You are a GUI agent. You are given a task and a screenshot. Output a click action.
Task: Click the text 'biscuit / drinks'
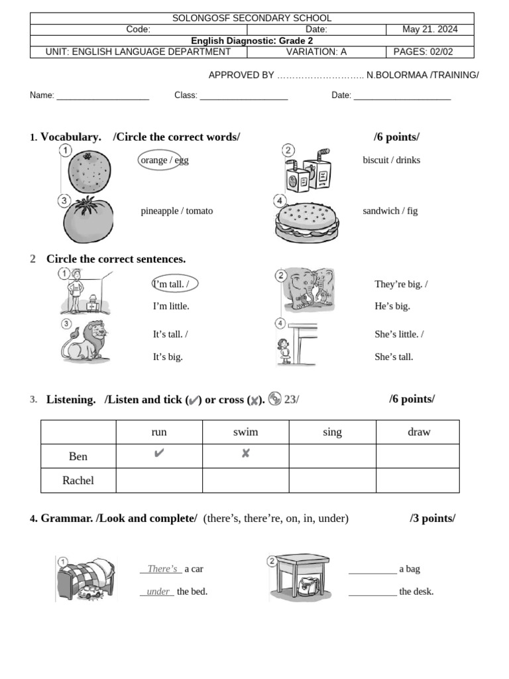[x=391, y=160]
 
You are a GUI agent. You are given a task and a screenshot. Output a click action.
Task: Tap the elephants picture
[x=309, y=288]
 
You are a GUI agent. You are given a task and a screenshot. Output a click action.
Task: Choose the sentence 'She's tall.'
[x=393, y=357]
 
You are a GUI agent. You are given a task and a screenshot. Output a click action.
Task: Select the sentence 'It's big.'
[x=168, y=357]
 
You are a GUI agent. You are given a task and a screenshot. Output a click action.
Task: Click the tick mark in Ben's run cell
[x=159, y=454]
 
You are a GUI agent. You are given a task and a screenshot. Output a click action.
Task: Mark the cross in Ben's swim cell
[x=245, y=454]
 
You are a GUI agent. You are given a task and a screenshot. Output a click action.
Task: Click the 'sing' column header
[x=332, y=432]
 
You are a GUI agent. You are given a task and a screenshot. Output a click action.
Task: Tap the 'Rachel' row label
[x=78, y=481]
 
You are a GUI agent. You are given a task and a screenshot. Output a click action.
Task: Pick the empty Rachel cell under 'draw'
[x=418, y=481]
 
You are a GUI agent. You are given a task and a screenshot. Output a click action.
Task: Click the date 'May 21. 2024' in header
[x=429, y=29]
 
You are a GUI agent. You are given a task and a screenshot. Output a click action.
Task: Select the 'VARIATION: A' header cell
[x=316, y=52]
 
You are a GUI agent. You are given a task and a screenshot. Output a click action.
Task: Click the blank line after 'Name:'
[x=103, y=96]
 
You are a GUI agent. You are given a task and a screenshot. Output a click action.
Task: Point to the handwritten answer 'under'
[x=158, y=591]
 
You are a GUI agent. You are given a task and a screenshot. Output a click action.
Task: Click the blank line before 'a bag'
[x=372, y=570]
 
